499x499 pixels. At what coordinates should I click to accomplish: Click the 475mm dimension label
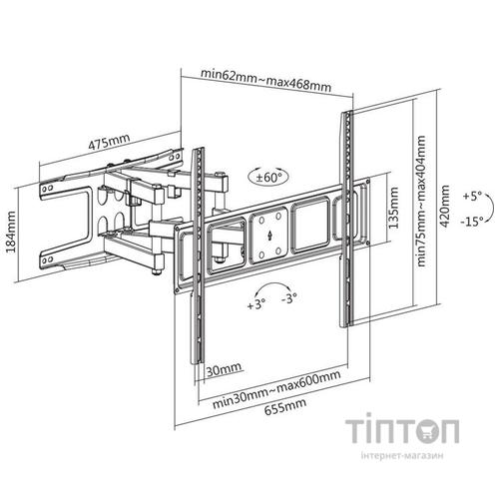click(109, 142)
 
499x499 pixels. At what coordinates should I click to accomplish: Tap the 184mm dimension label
click(11, 232)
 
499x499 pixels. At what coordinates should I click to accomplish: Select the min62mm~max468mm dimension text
click(265, 80)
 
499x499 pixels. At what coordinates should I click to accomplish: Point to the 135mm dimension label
click(393, 208)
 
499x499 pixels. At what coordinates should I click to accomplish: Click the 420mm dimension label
click(444, 207)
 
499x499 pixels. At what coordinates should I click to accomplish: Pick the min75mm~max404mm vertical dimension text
click(421, 201)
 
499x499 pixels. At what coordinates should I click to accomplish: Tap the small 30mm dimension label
click(224, 369)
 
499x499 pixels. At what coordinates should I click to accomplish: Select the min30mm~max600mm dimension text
click(276, 389)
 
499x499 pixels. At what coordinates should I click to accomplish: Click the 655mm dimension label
click(285, 407)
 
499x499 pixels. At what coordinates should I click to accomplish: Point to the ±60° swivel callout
click(267, 177)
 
